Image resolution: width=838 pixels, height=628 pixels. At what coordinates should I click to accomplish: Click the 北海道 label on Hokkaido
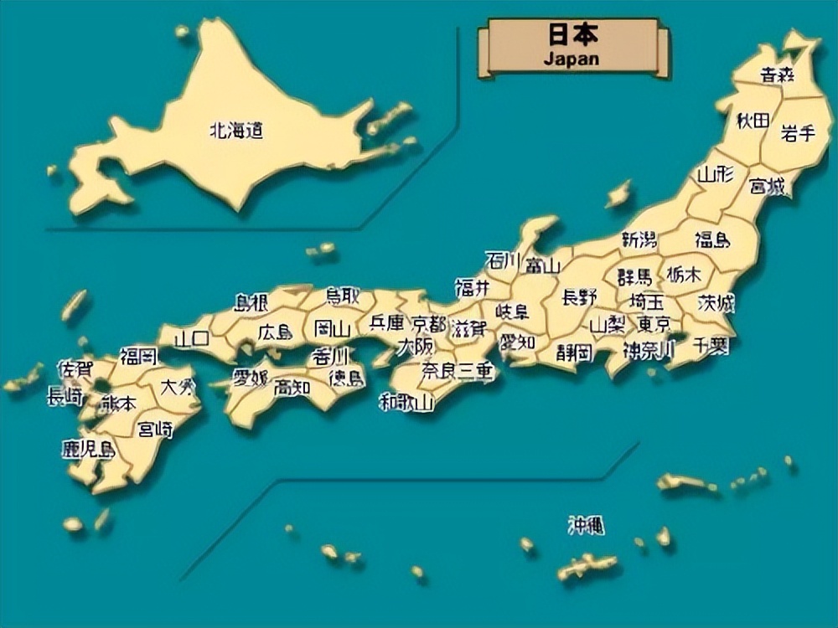click(x=235, y=131)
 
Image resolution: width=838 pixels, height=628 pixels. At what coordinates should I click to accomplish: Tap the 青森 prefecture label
click(x=778, y=75)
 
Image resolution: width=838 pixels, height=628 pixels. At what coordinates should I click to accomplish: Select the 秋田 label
click(x=753, y=121)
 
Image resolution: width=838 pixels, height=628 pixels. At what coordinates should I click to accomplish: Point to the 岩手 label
click(x=798, y=132)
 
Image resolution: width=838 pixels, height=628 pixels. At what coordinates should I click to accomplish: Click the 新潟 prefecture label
click(x=639, y=239)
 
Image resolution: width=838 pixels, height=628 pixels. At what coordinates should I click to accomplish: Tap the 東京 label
click(x=653, y=323)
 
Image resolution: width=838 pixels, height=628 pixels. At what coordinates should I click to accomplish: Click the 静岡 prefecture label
click(x=574, y=351)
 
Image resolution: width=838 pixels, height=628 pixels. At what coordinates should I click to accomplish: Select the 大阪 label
click(x=416, y=346)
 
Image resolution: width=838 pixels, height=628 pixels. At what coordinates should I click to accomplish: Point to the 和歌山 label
click(x=406, y=402)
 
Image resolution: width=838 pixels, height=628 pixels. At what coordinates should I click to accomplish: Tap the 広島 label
click(x=275, y=332)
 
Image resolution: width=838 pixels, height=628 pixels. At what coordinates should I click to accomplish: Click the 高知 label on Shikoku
click(x=292, y=387)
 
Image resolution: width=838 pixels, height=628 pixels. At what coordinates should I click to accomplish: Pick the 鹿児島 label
click(x=88, y=449)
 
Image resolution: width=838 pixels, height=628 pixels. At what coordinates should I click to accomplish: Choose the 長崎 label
click(x=65, y=396)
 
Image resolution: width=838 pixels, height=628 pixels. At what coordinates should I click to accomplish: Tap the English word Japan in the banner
click(x=572, y=59)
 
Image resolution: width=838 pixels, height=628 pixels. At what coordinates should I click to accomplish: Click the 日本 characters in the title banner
click(x=573, y=37)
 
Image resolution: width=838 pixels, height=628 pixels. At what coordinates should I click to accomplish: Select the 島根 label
click(x=251, y=302)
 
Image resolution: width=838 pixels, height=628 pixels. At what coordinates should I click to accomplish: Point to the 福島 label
click(x=712, y=240)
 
